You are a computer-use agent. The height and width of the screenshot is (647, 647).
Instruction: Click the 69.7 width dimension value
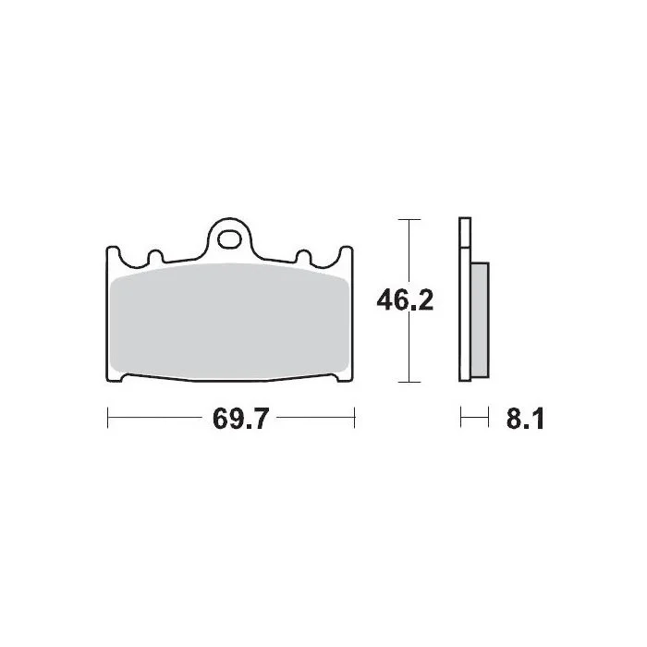click(240, 419)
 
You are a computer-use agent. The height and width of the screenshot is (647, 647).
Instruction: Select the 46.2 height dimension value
click(405, 300)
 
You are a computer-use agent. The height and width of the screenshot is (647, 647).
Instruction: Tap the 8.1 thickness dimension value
click(525, 419)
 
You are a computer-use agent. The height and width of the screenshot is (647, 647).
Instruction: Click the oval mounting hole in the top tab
click(229, 240)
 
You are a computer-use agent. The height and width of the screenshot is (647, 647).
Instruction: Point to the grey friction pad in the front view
click(229, 321)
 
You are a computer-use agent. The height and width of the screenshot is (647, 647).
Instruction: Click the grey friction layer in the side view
click(480, 320)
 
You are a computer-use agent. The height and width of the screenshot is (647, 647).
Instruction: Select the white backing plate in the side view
click(465, 299)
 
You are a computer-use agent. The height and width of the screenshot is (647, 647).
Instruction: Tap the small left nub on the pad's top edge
click(155, 257)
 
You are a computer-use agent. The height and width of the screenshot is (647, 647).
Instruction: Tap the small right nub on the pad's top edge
click(304, 257)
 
